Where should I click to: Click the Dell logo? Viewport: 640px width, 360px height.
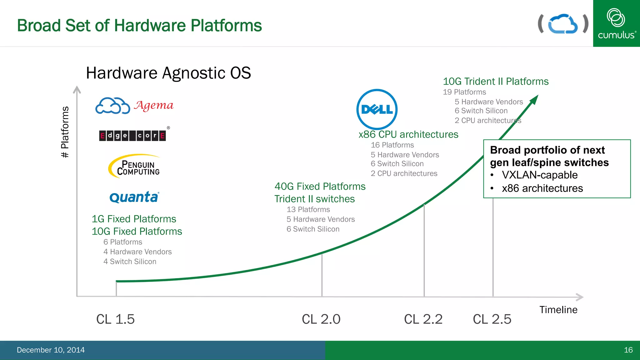[x=377, y=109]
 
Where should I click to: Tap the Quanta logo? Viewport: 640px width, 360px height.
[x=134, y=197]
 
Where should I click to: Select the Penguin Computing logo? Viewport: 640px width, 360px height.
[x=134, y=166]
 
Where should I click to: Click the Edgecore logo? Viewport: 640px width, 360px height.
[x=132, y=136]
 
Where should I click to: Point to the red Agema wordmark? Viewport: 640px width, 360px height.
[x=154, y=105]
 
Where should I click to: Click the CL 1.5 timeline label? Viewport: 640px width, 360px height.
[x=115, y=319]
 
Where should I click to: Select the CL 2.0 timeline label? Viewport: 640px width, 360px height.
[x=321, y=319]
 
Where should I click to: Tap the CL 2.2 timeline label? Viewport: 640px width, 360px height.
[x=423, y=319]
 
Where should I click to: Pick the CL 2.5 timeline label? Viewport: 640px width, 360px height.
[x=492, y=319]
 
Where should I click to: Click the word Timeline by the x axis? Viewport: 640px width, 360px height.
[x=558, y=310]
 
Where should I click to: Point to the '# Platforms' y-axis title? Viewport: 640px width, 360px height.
[x=65, y=132]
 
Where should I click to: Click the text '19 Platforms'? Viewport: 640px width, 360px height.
[x=464, y=92]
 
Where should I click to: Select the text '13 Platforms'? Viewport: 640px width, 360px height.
[x=308, y=209]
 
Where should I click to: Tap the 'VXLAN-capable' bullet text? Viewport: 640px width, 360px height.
[x=540, y=175]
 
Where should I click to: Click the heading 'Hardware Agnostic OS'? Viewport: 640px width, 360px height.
[x=168, y=73]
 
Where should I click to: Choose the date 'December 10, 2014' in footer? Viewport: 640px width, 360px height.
[x=51, y=350]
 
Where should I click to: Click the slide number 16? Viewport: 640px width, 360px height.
[x=628, y=350]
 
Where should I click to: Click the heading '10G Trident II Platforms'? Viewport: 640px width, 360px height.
[x=496, y=82]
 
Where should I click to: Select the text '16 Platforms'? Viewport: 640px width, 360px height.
[x=392, y=145]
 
